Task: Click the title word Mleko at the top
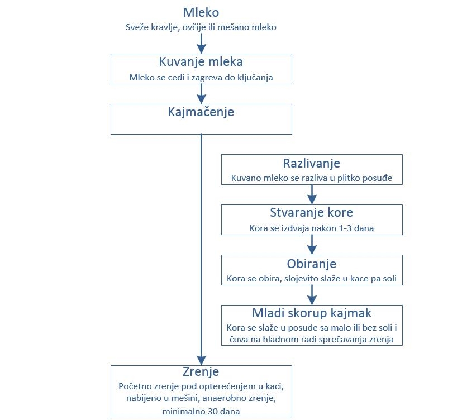point(201,13)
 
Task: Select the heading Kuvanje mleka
point(201,62)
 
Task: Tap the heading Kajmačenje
point(201,112)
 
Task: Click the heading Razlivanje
point(311,164)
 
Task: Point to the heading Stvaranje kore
point(311,213)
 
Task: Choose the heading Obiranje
point(311,264)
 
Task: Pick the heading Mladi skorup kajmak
point(311,313)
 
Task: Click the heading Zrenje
point(201,372)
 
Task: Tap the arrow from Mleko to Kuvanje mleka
point(201,44)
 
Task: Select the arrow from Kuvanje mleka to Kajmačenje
point(201,94)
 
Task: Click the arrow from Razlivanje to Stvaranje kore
point(312,194)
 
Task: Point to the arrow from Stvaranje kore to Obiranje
point(312,245)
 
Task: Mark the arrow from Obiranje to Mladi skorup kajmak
point(312,295)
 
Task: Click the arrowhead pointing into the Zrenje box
point(201,360)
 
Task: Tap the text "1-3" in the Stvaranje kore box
point(345,228)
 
